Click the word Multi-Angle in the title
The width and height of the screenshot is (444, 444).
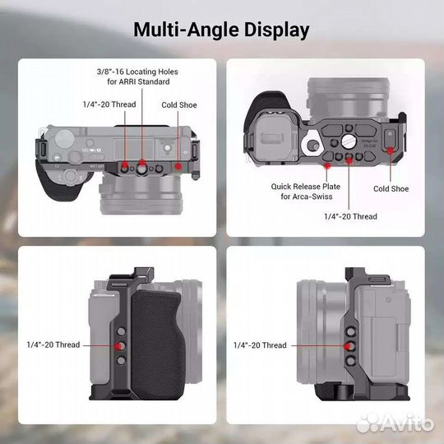coord(185,31)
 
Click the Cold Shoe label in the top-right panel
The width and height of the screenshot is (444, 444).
coord(391,188)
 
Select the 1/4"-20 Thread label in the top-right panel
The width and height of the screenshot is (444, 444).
coord(349,215)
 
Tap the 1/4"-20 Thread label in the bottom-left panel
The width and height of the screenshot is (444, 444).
coord(53,345)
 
